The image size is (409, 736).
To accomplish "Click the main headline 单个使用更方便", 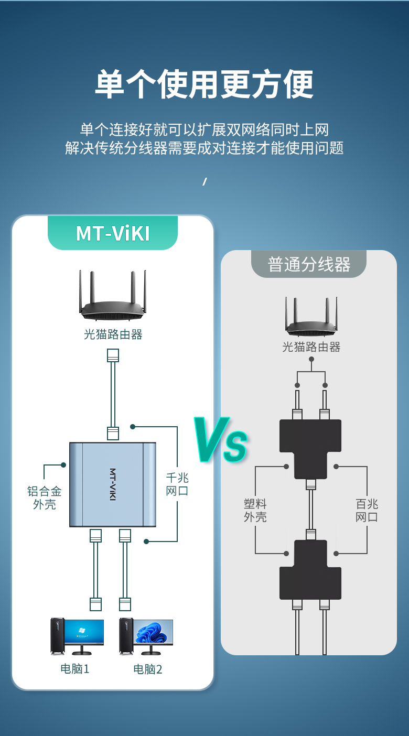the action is coord(204,84).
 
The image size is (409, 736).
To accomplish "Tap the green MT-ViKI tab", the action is coord(113,233).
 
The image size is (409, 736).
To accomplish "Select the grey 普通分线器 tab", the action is coord(309,264).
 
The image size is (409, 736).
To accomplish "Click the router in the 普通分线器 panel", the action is coord(311,316).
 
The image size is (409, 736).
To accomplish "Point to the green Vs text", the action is coord(221,439).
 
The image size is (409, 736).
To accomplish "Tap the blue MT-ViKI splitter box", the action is coord(112,484).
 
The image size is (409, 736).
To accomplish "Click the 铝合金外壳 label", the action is coord(45,498).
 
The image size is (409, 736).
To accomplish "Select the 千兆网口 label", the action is coord(177,484).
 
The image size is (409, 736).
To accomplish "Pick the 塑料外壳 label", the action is coord(255,510).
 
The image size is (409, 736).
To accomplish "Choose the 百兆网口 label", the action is coord(367,510).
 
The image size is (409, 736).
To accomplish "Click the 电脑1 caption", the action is coord(75,669).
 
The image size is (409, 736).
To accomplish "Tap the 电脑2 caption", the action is coord(148,669).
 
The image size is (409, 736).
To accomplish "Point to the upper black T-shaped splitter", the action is coord(310,449).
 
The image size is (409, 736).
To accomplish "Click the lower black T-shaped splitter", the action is coord(310,570).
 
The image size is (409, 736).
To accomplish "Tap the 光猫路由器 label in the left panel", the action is coord(113,334).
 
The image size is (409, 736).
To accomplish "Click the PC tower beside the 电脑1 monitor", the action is coord(57,636).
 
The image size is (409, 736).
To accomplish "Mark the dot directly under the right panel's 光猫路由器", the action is coord(311,359).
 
